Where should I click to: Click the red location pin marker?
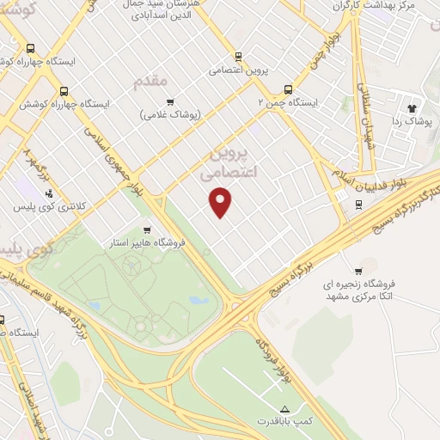[222, 203]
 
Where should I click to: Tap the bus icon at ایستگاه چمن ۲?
[287, 88]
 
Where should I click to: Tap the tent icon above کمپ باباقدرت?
[285, 407]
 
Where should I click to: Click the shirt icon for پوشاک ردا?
[411, 109]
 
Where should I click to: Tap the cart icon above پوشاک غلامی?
[169, 101]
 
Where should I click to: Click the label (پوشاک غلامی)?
[169, 114]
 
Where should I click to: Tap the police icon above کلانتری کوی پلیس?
[50, 193]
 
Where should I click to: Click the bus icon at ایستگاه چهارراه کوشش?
[63, 90]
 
